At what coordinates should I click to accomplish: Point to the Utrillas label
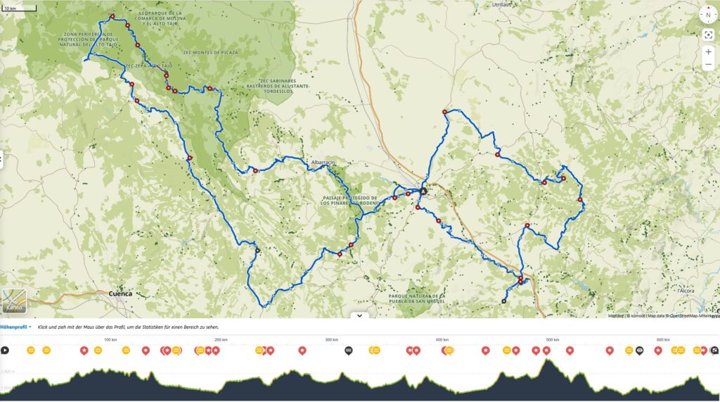pyautogui.click(x=501, y=4)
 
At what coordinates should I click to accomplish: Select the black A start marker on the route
pyautogui.click(x=423, y=191)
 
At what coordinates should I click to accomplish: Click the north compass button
pyautogui.click(x=708, y=15)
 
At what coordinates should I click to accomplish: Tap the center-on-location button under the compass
pyautogui.click(x=708, y=34)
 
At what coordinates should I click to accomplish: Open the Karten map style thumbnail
pyautogui.click(x=14, y=301)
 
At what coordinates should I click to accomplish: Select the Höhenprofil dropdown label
pyautogui.click(x=15, y=327)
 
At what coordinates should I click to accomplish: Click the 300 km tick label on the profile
pyautogui.click(x=331, y=340)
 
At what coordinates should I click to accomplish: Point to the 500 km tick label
pyautogui.click(x=553, y=340)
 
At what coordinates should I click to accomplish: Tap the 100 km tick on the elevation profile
pyautogui.click(x=110, y=340)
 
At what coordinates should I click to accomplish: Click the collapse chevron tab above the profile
pyautogui.click(x=359, y=316)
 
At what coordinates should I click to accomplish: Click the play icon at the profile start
pyautogui.click(x=5, y=350)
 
